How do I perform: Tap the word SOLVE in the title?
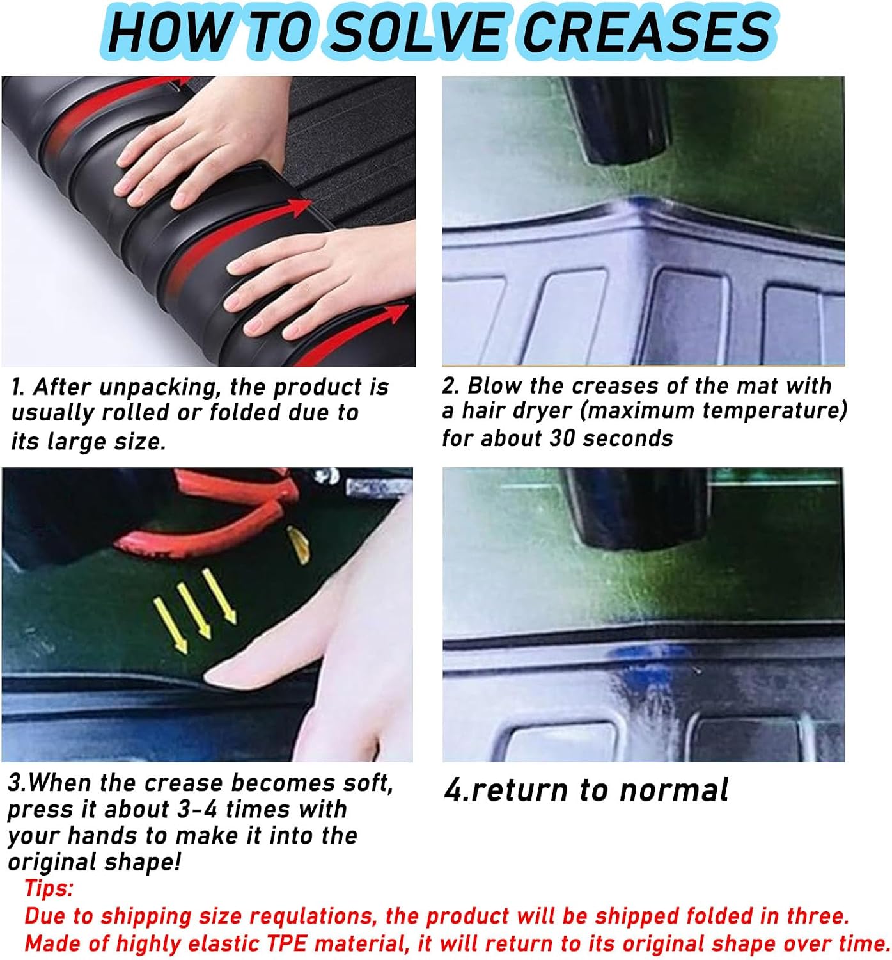tap(418, 32)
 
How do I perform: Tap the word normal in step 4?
tap(674, 791)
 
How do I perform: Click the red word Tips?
tap(49, 888)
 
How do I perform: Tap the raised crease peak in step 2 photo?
tap(638, 203)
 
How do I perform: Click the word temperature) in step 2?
tap(774, 411)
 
